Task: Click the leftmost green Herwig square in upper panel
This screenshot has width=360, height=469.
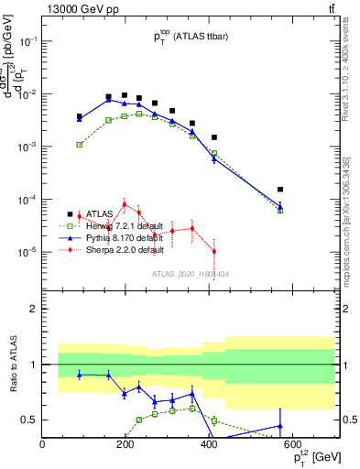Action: (80, 145)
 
